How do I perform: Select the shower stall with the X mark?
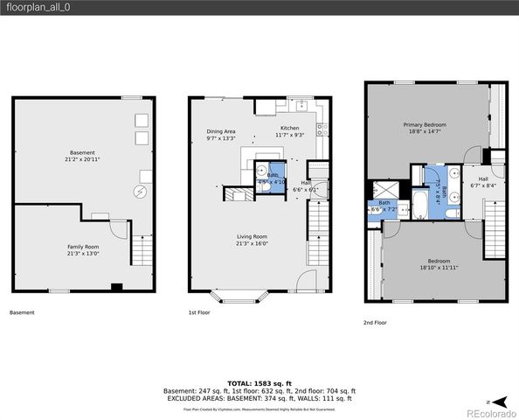(x=383, y=190)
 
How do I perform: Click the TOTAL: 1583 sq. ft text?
(x=259, y=382)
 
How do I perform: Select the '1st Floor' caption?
(x=199, y=311)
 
